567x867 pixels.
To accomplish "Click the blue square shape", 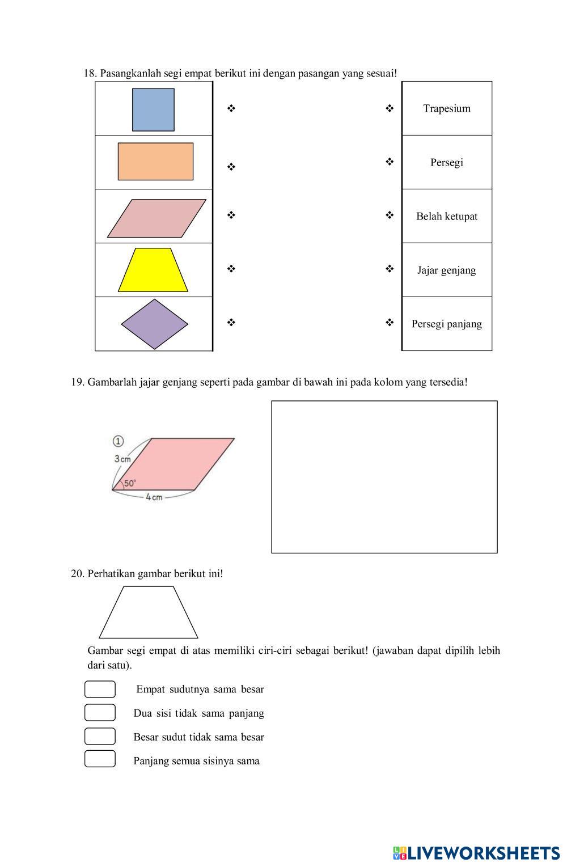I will coord(153,109).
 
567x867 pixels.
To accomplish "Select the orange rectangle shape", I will coord(155,162).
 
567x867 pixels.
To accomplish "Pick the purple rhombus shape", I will coord(154,324).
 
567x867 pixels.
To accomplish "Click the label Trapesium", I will coord(447,109).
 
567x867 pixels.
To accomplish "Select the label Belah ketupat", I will coord(447,217).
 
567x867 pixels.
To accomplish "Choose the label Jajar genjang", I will coord(447,270).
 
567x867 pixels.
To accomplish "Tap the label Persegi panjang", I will coord(447,324).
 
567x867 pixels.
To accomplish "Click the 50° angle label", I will coord(130,483).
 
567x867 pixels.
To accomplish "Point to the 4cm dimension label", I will coord(154,497).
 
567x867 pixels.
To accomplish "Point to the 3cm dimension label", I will coord(122,459).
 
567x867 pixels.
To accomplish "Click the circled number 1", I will coord(118,441).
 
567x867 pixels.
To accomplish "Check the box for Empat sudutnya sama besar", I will coord(100,690).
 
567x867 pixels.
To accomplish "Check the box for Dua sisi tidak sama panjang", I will coord(100,713).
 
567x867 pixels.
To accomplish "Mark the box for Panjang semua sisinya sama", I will coord(100,759).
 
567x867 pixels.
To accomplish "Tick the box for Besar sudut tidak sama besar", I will coord(100,736).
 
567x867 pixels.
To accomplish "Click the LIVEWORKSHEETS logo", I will coord(476,853).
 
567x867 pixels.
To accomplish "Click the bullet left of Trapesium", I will coord(390,108).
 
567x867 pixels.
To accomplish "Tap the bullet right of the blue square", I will coord(231,108).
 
